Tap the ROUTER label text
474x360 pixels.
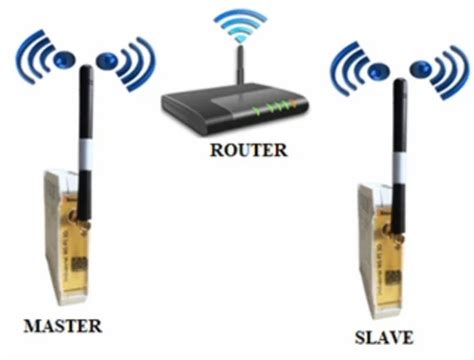tap(249, 151)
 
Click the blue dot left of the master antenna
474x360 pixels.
tap(64, 57)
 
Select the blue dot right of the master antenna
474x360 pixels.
tap(107, 62)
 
